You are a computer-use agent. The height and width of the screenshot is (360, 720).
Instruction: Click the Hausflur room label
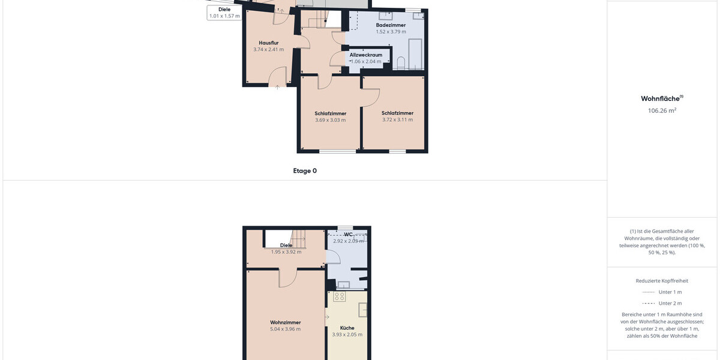[x=269, y=43]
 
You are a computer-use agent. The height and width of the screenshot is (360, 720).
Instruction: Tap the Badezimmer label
[x=391, y=25]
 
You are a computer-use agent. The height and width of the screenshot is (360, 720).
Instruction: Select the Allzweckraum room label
[x=366, y=55]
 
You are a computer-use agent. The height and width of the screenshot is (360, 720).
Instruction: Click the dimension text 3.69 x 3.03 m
[x=331, y=120]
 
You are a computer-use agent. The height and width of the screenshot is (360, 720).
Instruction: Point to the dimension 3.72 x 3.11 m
[x=398, y=119]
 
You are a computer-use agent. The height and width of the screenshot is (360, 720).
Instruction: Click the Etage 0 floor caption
[x=305, y=170]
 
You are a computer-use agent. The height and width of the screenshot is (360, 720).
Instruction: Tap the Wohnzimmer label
[x=286, y=322]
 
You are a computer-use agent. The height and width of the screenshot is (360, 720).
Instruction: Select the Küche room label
[x=347, y=328]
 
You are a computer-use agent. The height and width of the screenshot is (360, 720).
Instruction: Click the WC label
[x=348, y=235]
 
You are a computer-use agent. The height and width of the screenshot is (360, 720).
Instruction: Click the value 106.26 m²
[x=662, y=110]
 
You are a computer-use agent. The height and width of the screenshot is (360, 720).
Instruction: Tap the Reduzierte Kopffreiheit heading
[x=662, y=281]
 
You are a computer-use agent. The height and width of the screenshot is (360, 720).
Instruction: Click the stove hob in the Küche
[x=340, y=296]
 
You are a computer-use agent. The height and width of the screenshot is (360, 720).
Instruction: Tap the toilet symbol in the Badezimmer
[x=401, y=63]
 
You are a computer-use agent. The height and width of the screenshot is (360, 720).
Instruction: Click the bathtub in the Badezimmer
[x=415, y=54]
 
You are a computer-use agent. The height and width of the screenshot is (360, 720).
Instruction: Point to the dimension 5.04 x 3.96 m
[x=286, y=329]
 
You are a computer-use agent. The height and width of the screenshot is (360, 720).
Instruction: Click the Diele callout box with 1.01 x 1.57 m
[x=224, y=13]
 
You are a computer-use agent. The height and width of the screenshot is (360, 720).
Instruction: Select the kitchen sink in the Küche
[x=363, y=310]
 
